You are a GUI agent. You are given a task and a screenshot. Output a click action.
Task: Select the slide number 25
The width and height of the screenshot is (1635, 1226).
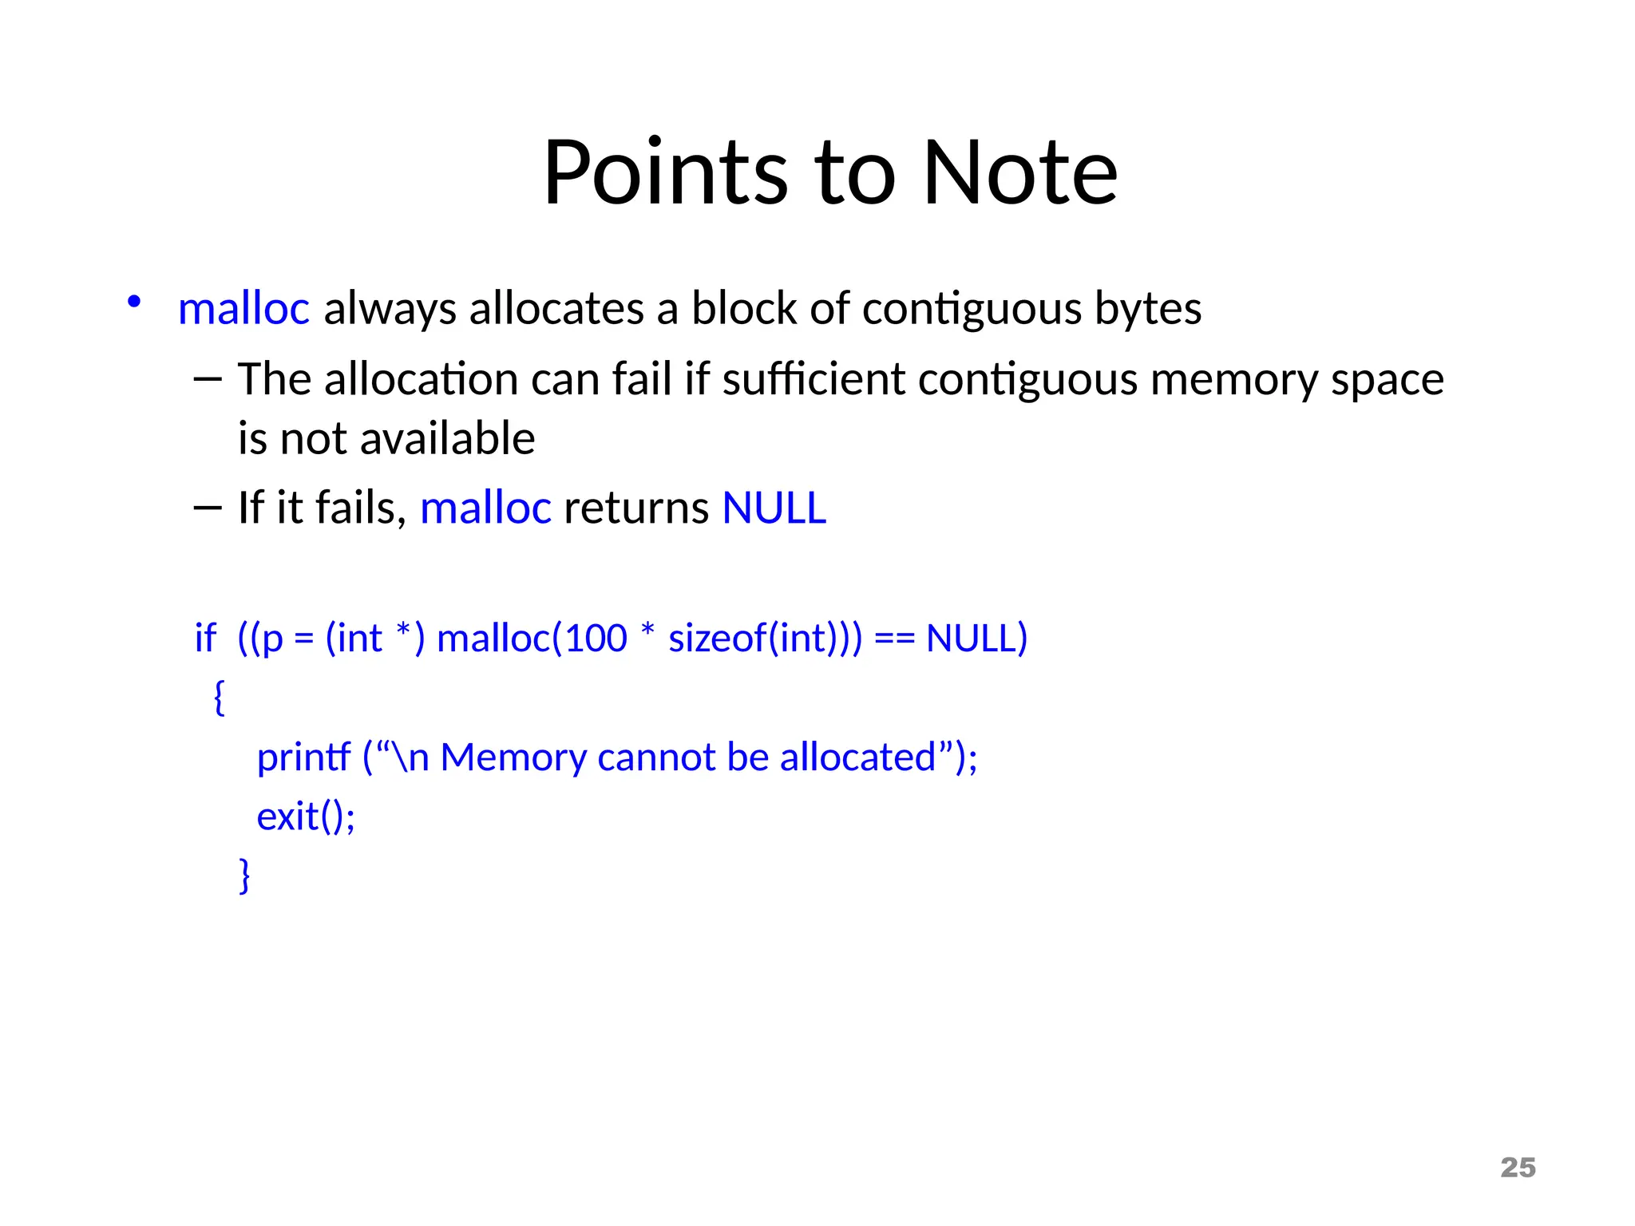pos(1518,1167)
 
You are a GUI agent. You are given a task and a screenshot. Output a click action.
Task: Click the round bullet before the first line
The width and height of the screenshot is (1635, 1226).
pos(134,303)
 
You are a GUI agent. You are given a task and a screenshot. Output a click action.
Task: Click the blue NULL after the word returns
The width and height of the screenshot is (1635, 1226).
pos(774,508)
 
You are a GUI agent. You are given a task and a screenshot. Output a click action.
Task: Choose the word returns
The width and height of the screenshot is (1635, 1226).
pos(636,508)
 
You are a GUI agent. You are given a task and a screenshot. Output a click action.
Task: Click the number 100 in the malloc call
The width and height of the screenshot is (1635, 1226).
pos(596,639)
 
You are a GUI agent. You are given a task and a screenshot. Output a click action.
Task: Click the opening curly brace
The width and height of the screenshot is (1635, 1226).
pos(220,698)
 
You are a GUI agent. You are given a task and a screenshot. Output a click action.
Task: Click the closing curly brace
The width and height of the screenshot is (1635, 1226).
pos(244,876)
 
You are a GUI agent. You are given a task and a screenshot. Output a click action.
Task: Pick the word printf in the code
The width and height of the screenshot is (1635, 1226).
pos(303,757)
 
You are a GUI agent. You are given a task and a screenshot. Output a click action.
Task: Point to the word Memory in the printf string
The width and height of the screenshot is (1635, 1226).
pos(513,757)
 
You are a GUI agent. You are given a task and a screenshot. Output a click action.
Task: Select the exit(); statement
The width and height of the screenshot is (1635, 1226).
pos(306,817)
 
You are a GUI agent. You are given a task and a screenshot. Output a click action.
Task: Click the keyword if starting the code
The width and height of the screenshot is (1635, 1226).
pos(205,639)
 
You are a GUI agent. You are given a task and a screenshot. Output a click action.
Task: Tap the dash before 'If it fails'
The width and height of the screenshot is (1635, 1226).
pos(207,508)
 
